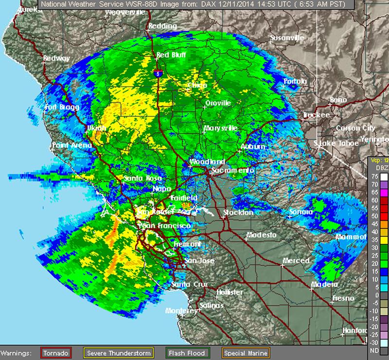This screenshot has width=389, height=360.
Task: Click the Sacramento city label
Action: click(x=232, y=171)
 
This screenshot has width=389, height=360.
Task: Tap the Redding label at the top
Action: click(x=163, y=26)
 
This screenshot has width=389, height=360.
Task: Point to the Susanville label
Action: click(x=287, y=37)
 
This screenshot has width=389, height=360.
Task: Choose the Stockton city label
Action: click(x=238, y=213)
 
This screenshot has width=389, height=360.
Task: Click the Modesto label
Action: click(x=261, y=235)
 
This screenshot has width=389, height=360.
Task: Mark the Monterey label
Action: click(x=180, y=310)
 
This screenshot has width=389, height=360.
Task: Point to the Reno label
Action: click(x=338, y=100)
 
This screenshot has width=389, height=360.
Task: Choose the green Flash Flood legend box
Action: click(x=187, y=352)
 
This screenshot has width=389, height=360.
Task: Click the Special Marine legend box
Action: click(x=243, y=352)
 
